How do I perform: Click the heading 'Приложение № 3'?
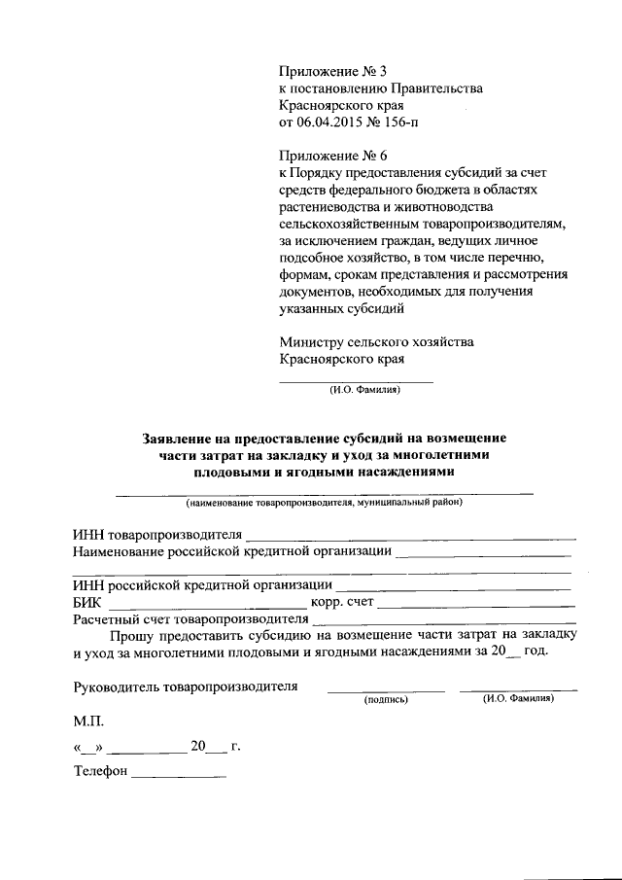(x=332, y=71)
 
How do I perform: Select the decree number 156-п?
(x=402, y=123)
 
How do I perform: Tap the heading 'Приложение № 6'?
(x=332, y=156)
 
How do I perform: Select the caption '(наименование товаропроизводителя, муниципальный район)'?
(x=325, y=504)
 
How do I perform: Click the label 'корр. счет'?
(x=340, y=604)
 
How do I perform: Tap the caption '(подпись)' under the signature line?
(x=386, y=699)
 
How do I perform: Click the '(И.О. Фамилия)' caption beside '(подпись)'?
(x=518, y=698)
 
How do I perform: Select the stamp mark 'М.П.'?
(x=88, y=723)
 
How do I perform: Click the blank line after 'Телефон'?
(x=178, y=775)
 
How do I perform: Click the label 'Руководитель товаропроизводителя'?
(x=186, y=686)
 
